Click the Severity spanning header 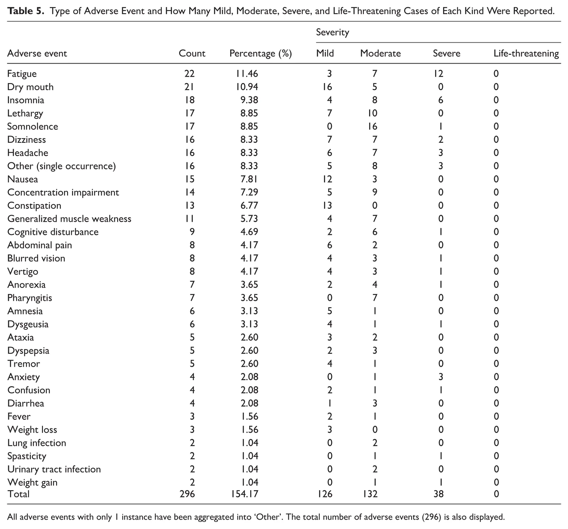tap(333, 33)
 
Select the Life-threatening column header tap(526, 54)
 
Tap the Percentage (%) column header tap(261, 54)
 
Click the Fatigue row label tap(22, 74)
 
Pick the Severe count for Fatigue tap(438, 74)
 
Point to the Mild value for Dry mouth tap(327, 87)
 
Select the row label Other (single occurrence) tap(61, 166)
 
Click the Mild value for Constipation tap(327, 206)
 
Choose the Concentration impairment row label tap(63, 192)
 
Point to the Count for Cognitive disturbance tap(192, 232)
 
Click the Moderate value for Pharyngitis tap(375, 298)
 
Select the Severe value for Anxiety tap(441, 377)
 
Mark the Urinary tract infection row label tap(54, 469)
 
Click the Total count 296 tap(187, 494)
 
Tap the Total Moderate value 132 tap(370, 494)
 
